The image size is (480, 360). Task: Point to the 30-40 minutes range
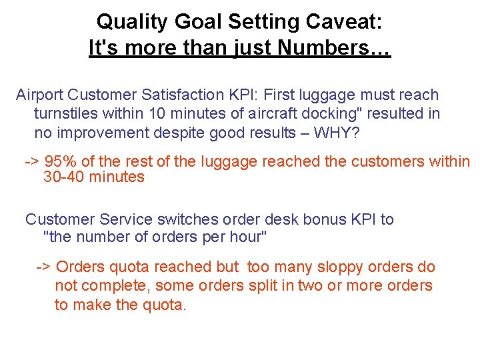click(x=93, y=177)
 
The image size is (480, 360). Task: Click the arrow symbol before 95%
click(x=31, y=161)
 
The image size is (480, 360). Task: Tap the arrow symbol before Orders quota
click(x=43, y=267)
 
